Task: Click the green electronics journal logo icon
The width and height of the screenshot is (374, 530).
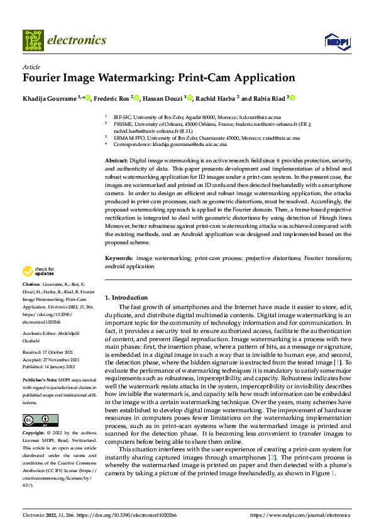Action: pos(33,40)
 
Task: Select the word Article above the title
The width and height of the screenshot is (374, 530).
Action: pos(31,67)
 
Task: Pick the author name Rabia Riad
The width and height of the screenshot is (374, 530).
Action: pos(268,98)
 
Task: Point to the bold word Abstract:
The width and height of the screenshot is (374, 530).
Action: pos(117,162)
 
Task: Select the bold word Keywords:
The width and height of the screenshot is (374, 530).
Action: pos(118,258)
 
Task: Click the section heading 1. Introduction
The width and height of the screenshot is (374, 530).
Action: pos(126,297)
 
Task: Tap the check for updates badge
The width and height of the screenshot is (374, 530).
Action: pos(38,271)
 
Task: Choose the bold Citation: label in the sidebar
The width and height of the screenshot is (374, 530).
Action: pos(33,285)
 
